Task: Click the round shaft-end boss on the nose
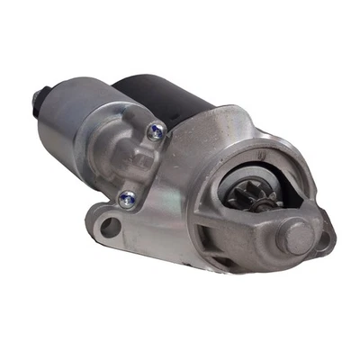pyautogui.click(x=297, y=236)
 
